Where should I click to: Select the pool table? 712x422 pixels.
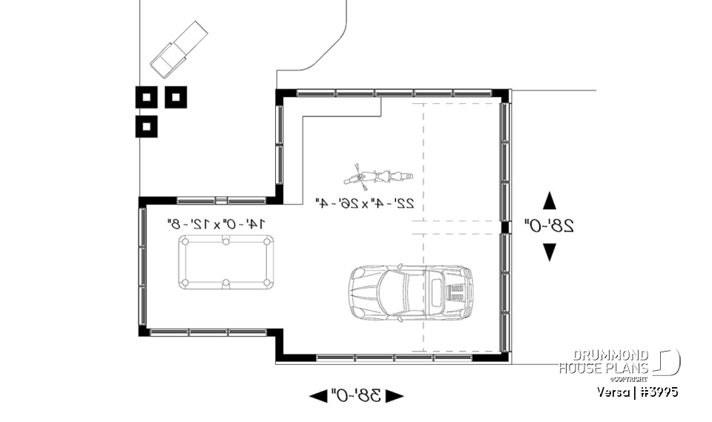225,262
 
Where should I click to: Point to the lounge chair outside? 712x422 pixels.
179,48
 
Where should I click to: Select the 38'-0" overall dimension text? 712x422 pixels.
356,395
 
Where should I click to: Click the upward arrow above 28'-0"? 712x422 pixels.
549,200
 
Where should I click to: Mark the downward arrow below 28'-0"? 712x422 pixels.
549,252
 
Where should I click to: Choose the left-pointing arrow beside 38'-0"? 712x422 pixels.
318,395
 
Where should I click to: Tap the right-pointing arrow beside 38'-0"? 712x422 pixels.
395,395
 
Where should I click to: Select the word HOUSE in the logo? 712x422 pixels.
583,368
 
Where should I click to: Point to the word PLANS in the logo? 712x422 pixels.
629,368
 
